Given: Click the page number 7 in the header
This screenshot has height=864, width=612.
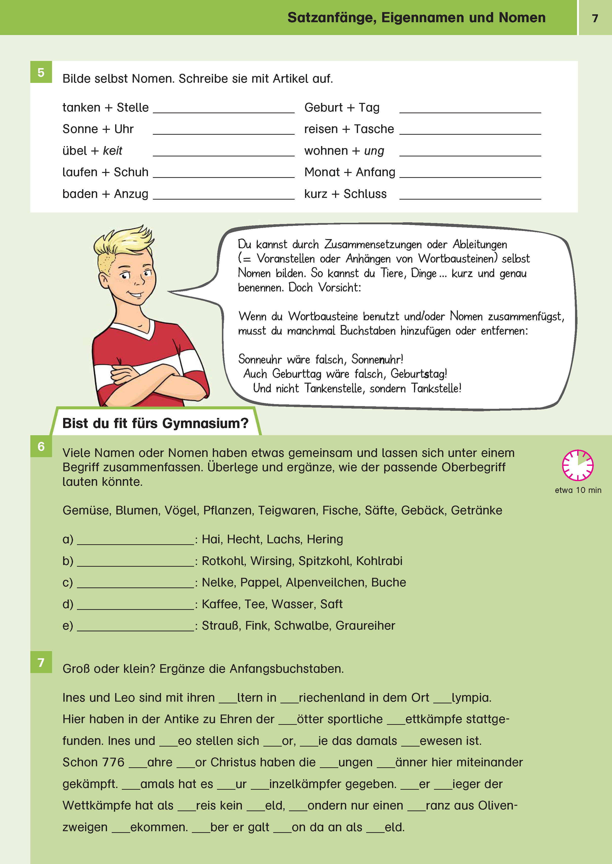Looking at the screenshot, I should coord(595,18).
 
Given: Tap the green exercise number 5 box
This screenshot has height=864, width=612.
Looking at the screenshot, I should coord(41,72).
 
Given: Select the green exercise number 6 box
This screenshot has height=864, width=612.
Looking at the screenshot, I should coord(41,446).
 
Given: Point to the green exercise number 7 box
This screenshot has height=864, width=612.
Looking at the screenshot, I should coord(41,662).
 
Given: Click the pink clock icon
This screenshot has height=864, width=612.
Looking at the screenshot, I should coord(578,465).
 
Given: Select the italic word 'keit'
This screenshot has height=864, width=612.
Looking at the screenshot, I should coord(112,151).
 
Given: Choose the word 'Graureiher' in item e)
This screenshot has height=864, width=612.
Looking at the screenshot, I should coord(365,626).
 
